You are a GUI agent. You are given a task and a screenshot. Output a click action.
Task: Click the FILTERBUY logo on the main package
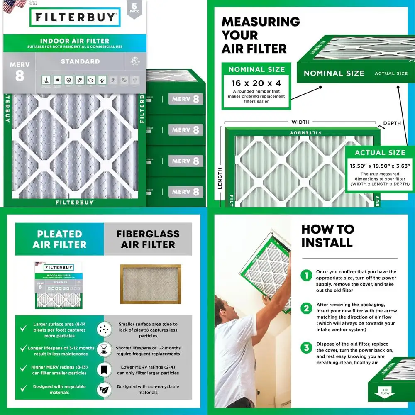click(x=75, y=18)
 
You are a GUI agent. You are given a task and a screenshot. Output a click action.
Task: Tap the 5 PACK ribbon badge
click(x=134, y=9)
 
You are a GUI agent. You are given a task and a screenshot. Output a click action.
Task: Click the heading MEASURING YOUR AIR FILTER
click(x=260, y=35)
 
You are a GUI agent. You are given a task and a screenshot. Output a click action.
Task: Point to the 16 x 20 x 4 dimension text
click(x=256, y=83)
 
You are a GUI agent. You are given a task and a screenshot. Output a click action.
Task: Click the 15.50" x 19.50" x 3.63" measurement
click(x=380, y=166)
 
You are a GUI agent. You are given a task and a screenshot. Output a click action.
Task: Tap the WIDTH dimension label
click(x=300, y=122)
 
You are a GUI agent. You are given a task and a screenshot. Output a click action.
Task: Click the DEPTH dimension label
click(x=392, y=123)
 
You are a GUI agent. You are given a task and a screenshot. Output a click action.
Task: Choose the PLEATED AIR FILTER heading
click(x=59, y=239)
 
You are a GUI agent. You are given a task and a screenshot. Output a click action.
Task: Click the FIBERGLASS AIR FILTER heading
click(x=148, y=239)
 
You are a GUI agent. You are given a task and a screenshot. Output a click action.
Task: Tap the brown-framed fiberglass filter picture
click(x=150, y=284)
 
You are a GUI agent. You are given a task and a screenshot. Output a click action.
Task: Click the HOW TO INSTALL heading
click(x=327, y=236)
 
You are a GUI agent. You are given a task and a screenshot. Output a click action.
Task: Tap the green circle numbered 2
click(x=306, y=308)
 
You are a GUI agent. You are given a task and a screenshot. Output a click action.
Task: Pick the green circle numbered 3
click(x=306, y=347)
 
